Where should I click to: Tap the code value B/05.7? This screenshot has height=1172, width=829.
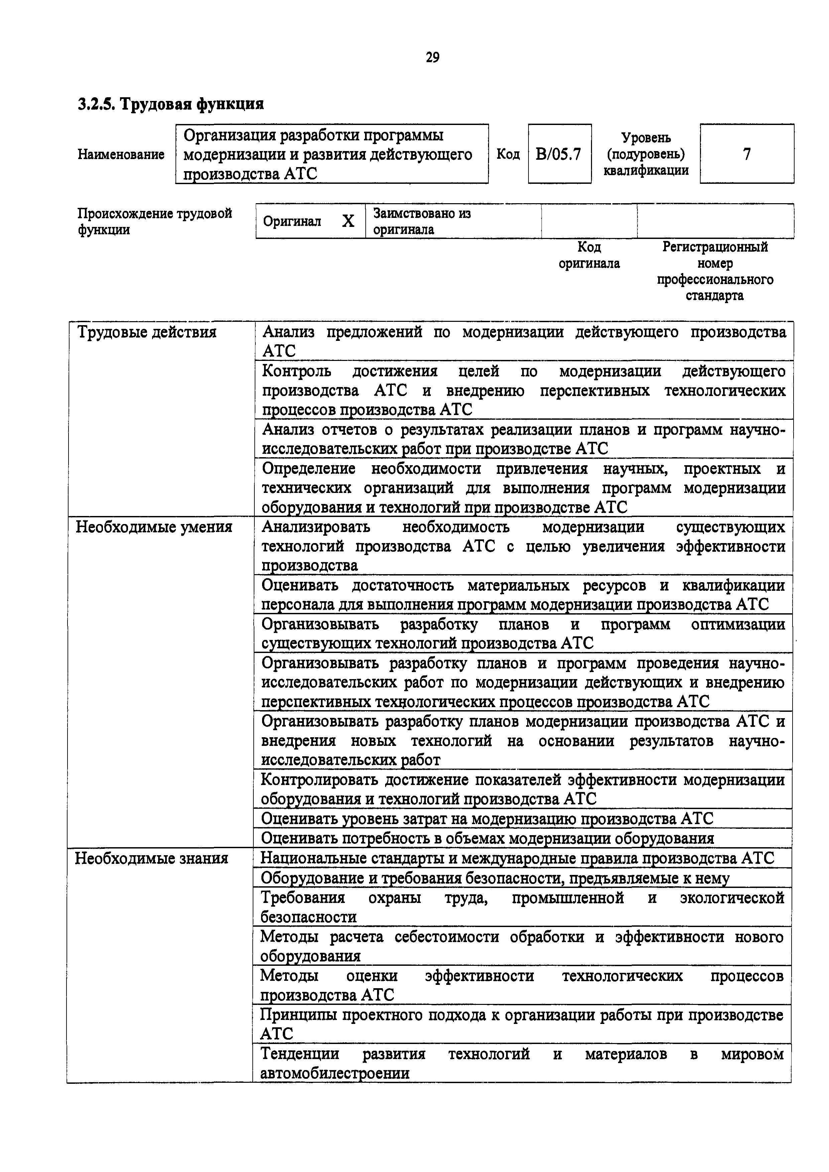(x=559, y=154)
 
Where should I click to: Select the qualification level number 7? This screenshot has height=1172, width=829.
(x=746, y=154)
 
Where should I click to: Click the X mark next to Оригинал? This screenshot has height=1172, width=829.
(x=348, y=221)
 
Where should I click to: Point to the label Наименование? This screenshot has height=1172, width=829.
(x=121, y=154)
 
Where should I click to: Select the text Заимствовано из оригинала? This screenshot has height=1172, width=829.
(x=422, y=221)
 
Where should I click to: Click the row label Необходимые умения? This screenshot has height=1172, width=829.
(x=154, y=527)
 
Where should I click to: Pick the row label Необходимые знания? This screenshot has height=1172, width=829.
(x=152, y=859)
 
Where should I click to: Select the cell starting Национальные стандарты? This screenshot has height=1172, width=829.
(x=516, y=858)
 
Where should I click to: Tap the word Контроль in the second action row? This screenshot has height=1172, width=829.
(x=297, y=371)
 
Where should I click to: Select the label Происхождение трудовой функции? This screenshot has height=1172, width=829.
(x=155, y=221)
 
